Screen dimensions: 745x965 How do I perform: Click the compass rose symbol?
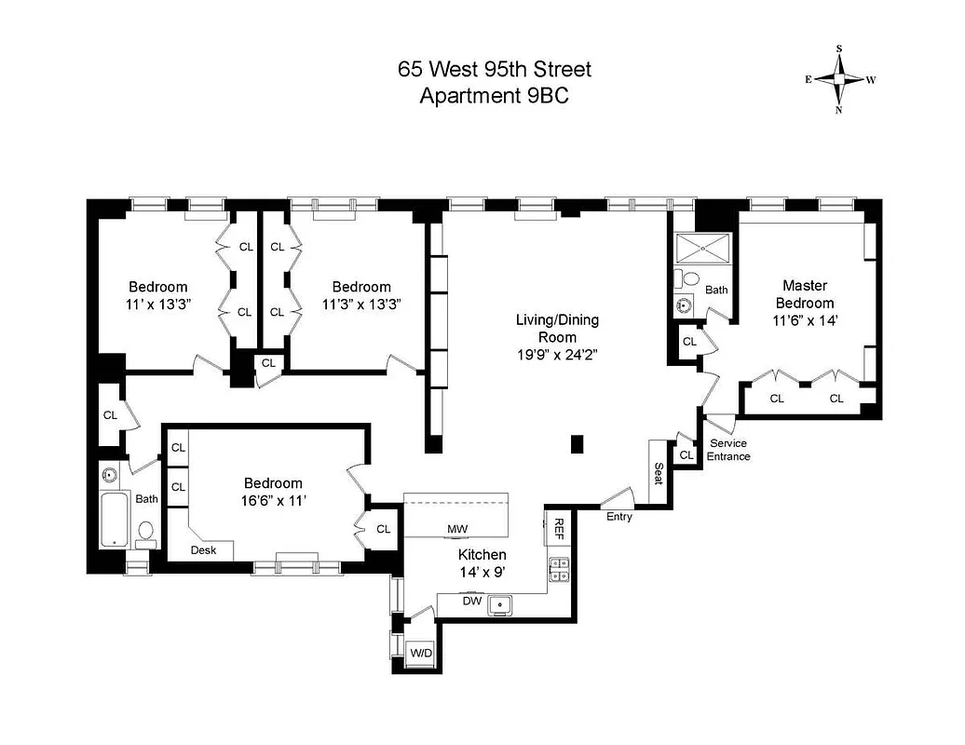pyautogui.click(x=839, y=79)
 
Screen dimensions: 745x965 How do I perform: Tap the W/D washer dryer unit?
pyautogui.click(x=421, y=653)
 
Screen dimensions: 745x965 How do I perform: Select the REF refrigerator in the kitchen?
pyautogui.click(x=559, y=530)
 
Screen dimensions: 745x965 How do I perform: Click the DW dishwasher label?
pyautogui.click(x=473, y=602)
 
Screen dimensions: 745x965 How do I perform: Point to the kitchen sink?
pyautogui.click(x=502, y=604)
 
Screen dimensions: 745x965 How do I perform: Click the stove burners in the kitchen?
pyautogui.click(x=559, y=568)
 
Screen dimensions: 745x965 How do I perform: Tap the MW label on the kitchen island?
pyautogui.click(x=456, y=530)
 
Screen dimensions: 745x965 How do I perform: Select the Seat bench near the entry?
pyautogui.click(x=658, y=473)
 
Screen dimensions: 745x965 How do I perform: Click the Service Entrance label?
pyautogui.click(x=728, y=450)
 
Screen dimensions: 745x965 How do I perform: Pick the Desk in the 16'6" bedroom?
pyautogui.click(x=203, y=550)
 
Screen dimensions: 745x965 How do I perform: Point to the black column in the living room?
pyautogui.click(x=578, y=444)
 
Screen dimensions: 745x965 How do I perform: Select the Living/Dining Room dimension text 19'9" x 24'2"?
pyautogui.click(x=557, y=354)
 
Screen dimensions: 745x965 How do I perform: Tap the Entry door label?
pyautogui.click(x=618, y=516)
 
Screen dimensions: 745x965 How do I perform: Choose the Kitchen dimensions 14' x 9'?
pyautogui.click(x=482, y=574)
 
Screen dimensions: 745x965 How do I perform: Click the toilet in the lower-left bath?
pyautogui.click(x=145, y=531)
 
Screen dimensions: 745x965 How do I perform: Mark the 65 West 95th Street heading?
pyautogui.click(x=494, y=69)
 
